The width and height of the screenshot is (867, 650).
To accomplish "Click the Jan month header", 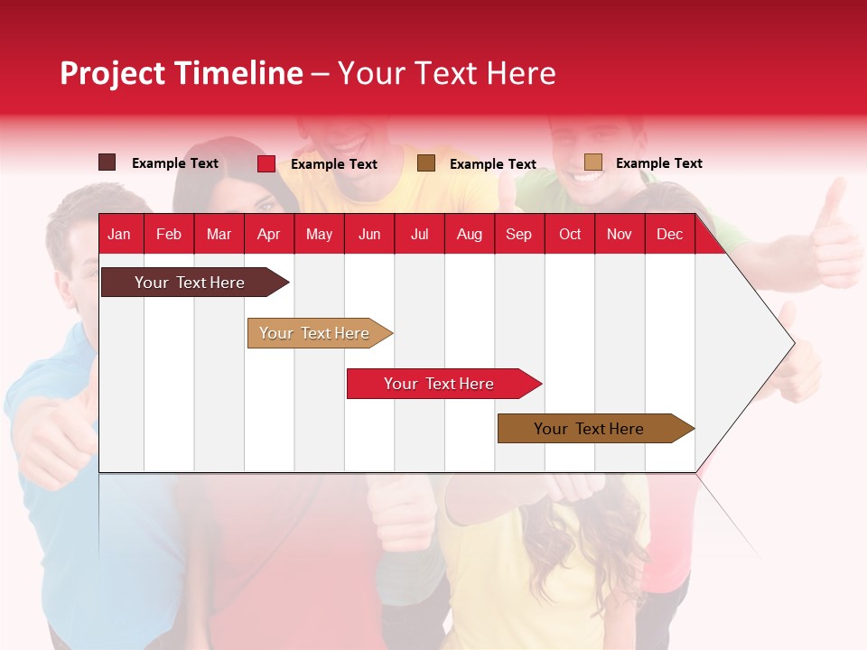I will tap(119, 235).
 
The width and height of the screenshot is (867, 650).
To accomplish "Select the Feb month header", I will tap(169, 235).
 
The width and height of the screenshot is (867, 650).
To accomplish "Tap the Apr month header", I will tap(268, 235).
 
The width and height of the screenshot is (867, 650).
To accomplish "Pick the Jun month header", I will tap(369, 235).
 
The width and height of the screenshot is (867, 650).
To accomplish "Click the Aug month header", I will tap(469, 235).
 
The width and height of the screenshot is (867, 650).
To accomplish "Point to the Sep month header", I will tap(518, 235).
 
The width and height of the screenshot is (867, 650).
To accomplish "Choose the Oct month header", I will tap(570, 235).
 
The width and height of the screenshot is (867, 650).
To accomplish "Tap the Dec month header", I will tap(669, 235).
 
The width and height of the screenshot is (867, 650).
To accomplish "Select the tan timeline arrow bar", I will tap(316, 333).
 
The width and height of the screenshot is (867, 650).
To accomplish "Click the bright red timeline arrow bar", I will tap(440, 384).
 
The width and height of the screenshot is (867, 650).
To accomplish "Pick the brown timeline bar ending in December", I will tap(592, 429).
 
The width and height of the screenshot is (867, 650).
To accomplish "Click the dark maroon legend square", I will tap(107, 162).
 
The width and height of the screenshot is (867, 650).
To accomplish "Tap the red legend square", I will tap(266, 163).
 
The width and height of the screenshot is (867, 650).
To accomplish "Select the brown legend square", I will tap(426, 162).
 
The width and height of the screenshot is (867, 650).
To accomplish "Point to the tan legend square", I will tap(593, 162).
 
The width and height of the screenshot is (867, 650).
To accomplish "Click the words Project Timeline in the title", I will tap(182, 73).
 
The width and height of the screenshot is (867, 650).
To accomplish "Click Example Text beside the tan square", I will tap(658, 163).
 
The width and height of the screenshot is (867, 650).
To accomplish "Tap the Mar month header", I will tap(219, 235).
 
